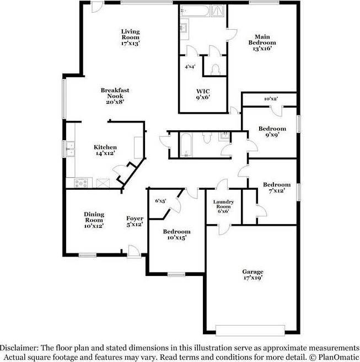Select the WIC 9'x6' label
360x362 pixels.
coord(203,94)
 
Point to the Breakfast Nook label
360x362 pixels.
coord(115,95)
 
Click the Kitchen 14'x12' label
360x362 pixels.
coord(105,150)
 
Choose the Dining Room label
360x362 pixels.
coord(94,220)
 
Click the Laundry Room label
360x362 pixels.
coord(224,206)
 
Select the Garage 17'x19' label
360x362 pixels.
coord(252,274)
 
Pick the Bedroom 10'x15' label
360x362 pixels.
coord(177,234)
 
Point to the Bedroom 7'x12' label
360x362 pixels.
coord(276,187)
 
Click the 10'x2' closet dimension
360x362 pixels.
coord(270,99)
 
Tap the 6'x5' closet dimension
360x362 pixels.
coord(160,201)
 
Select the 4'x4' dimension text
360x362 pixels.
coord(190,66)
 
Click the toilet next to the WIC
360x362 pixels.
coord(215,68)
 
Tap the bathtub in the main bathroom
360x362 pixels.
coord(194,11)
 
